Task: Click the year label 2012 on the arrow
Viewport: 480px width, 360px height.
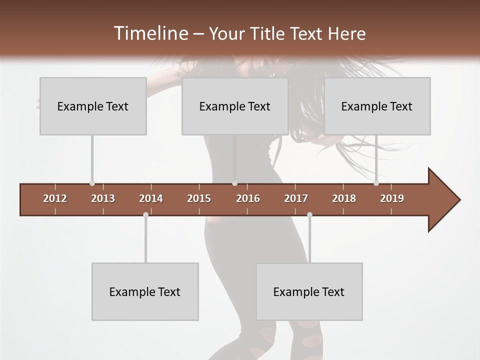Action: tap(55, 198)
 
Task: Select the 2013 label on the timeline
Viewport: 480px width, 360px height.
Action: tap(103, 198)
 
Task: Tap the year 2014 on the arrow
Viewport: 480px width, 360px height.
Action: tap(151, 198)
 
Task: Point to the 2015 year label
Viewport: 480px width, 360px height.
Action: tap(199, 198)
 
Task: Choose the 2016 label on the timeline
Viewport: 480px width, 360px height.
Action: tap(248, 198)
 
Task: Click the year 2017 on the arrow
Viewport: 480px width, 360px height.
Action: tap(296, 198)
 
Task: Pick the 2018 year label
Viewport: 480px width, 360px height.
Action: tap(344, 198)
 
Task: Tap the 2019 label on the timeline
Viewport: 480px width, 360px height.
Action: tap(392, 198)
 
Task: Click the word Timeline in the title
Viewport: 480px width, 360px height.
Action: tap(150, 33)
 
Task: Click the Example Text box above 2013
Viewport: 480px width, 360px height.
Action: tap(93, 106)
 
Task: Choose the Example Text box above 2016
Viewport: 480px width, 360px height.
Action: tap(235, 106)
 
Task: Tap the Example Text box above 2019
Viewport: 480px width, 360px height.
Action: tap(377, 106)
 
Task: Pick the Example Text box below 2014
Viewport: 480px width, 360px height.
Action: tap(145, 291)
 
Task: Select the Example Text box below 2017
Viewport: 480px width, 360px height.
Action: tap(309, 291)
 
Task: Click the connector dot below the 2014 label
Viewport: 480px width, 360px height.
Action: tap(145, 214)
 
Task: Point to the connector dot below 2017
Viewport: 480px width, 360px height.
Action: tap(309, 214)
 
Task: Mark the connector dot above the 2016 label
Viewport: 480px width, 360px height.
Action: tap(234, 183)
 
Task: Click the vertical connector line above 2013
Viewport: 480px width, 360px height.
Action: tap(92, 159)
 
